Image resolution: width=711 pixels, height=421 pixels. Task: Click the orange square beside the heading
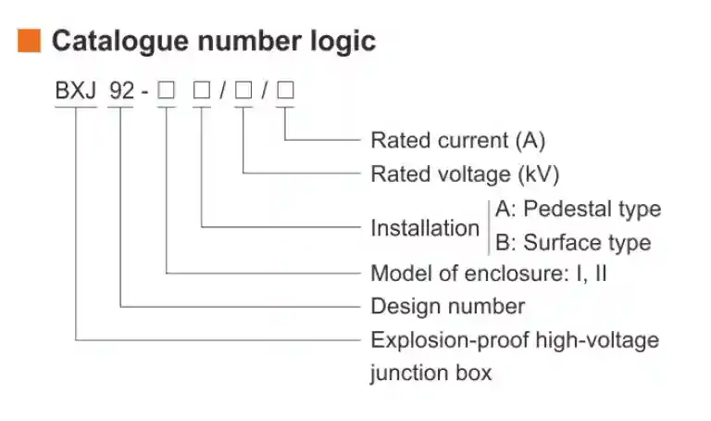point(30,41)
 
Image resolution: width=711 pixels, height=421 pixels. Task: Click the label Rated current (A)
point(457,141)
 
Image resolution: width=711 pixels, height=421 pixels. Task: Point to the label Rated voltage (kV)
point(465,174)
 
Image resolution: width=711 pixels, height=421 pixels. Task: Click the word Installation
point(425,228)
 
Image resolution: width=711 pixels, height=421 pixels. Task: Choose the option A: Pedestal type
point(578,209)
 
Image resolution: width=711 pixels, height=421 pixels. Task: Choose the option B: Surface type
point(573,243)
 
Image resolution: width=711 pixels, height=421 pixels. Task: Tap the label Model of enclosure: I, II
point(489,274)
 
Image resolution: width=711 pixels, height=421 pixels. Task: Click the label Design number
point(447,306)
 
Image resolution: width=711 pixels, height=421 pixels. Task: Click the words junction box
point(431,374)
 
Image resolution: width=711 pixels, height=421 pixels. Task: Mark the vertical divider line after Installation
point(488,226)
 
